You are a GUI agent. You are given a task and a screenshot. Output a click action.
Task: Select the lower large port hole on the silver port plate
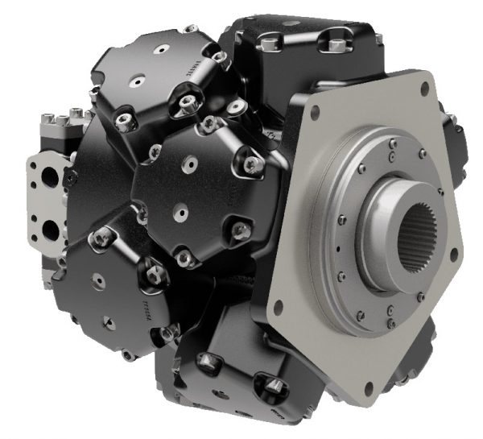[50, 230]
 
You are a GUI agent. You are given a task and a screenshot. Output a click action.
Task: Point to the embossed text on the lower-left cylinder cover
[147, 304]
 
